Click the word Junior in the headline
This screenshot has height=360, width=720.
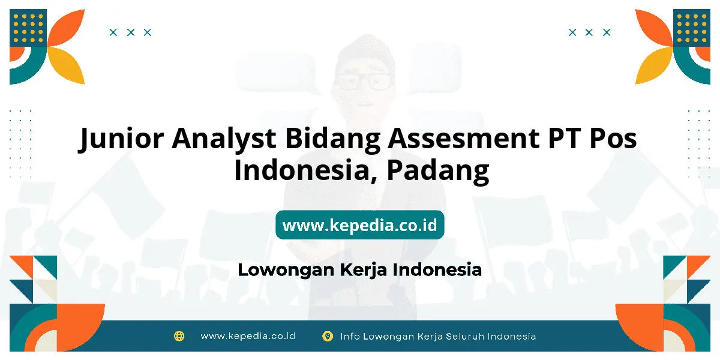[121, 139]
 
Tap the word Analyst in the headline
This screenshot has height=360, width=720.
[224, 138]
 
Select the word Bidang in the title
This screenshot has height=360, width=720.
[332, 139]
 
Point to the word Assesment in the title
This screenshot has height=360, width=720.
[463, 138]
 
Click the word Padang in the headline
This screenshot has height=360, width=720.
[438, 171]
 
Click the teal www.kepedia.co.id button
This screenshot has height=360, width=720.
[359, 224]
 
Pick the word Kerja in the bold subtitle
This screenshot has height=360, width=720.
[363, 270]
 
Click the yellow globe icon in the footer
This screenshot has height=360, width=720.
[179, 336]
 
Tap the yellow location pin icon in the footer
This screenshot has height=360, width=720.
[328, 336]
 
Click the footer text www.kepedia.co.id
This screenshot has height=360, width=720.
[248, 336]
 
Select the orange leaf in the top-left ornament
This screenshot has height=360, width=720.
[67, 28]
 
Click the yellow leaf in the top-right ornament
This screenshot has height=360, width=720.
[654, 65]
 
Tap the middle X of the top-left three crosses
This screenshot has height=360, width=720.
[131, 32]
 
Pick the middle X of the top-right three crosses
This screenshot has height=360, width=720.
[589, 32]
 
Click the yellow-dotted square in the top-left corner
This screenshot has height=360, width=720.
[28, 28]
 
